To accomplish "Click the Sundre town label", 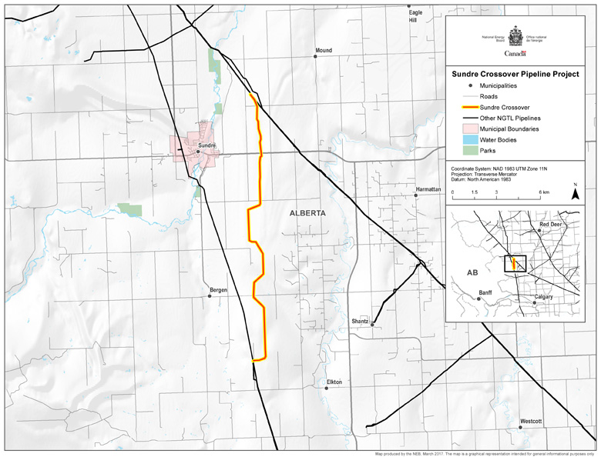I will click(206, 145).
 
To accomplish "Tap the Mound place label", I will click(324, 51).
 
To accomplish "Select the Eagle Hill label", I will click(416, 17).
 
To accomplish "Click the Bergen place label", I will click(218, 290).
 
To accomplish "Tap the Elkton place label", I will click(334, 382).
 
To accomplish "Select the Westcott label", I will click(531, 422).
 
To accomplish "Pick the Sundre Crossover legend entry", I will click(505, 108).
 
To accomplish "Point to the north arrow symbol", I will click(574, 194).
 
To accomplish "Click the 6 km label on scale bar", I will click(544, 191).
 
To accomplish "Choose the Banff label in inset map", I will click(485, 293).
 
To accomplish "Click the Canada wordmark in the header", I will click(515, 53).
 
